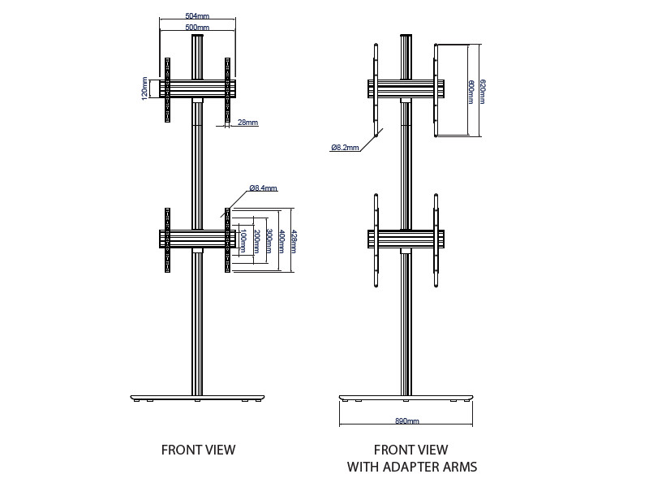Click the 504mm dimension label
[x=197, y=15]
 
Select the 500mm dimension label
[x=197, y=28]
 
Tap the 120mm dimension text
[x=145, y=88]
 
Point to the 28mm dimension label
[x=247, y=123]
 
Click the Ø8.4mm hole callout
[x=263, y=188]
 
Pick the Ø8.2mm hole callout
[x=345, y=148]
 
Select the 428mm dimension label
[x=294, y=240]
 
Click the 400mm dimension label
[x=282, y=240]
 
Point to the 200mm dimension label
[x=256, y=241]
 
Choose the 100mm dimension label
[x=243, y=241]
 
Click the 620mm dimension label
[x=483, y=92]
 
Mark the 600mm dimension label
[x=471, y=92]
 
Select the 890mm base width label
[x=407, y=422]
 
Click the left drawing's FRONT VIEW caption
[x=198, y=450]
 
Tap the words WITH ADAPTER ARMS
[x=412, y=467]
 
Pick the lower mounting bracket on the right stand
[x=406, y=239]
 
